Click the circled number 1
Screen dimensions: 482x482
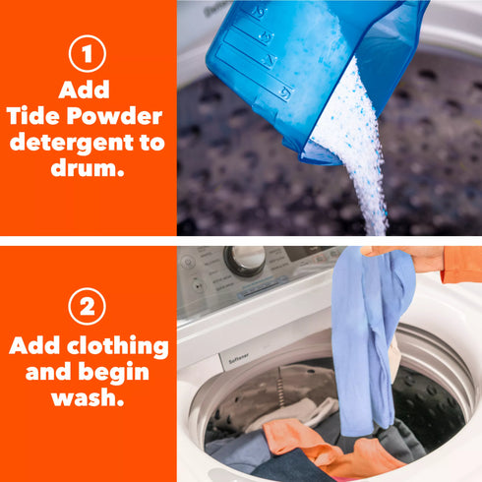tap(88, 53)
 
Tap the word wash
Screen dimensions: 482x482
tap(88, 397)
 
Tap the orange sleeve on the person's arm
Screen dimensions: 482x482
tap(460, 264)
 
